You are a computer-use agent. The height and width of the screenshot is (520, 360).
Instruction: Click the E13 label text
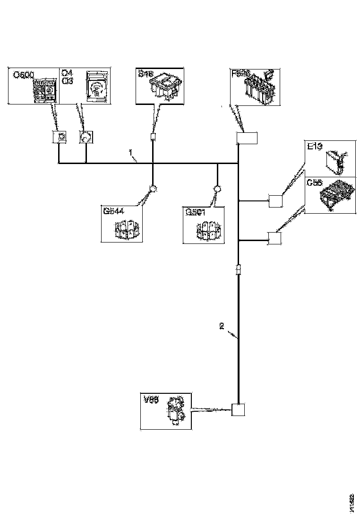pyautogui.click(x=315, y=147)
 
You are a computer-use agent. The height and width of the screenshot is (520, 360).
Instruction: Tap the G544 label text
pyautogui.click(x=113, y=211)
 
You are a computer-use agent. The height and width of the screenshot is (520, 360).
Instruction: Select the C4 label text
pyautogui.click(x=67, y=73)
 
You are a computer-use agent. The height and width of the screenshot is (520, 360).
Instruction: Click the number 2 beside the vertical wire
pyautogui.click(x=221, y=325)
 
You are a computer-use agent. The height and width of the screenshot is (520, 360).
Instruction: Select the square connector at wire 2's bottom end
pyautogui.click(x=239, y=409)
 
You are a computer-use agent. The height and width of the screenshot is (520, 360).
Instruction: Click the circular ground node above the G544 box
pyautogui.click(x=153, y=189)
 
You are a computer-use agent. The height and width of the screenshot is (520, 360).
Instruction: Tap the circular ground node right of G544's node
pyautogui.click(x=217, y=189)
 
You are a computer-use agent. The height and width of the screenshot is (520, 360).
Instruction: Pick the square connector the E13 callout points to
pyautogui.click(x=275, y=201)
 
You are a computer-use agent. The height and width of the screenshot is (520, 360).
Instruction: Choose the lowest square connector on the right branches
pyautogui.click(x=274, y=239)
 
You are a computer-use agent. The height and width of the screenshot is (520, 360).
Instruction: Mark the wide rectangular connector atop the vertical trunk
pyautogui.click(x=247, y=138)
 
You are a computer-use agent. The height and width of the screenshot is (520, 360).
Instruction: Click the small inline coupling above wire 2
pyautogui.click(x=239, y=270)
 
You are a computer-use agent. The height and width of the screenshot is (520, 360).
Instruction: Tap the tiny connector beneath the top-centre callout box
pyautogui.click(x=153, y=138)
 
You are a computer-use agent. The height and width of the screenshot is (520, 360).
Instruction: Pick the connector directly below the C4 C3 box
pyautogui.click(x=86, y=137)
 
